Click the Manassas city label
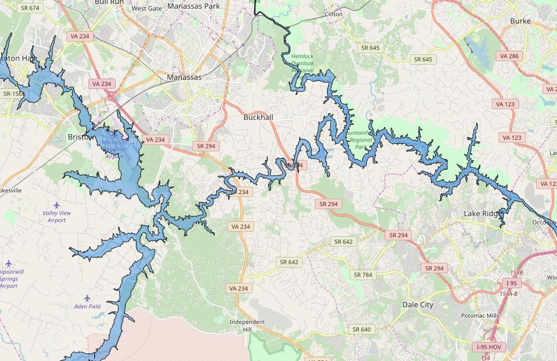coord(184,77)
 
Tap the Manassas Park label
coord(194,6)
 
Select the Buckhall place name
coord(258,117)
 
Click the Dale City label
coord(418,304)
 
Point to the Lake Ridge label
coord(483,214)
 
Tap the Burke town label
coord(520,21)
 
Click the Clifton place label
coord(333,14)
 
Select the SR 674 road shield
coord(29,8)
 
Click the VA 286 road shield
coord(509,56)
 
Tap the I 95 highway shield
coord(512,283)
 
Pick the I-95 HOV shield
coord(489,347)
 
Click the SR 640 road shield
coord(361,329)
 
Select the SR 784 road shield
coord(363,275)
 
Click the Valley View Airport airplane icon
coord(57,205)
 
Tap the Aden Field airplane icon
coord(87,298)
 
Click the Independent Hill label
coord(247,325)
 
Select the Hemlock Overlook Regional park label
coord(302,63)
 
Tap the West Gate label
coord(147,9)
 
